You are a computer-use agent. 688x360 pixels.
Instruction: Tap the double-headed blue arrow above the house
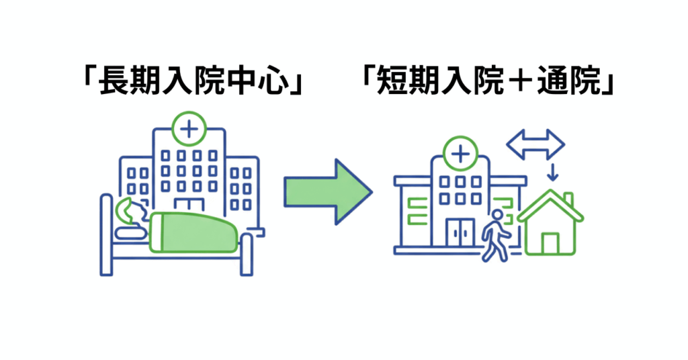click(535, 144)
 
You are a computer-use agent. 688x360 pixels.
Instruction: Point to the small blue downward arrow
click(552, 172)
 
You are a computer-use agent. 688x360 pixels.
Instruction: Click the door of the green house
click(550, 242)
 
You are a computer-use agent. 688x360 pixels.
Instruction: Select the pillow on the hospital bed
click(131, 232)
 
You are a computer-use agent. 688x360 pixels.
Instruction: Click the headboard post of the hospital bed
click(105, 234)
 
